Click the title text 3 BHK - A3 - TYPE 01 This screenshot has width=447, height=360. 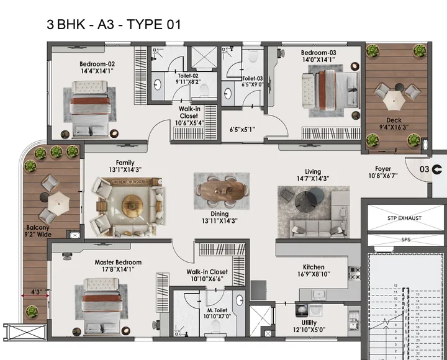pos(114,25)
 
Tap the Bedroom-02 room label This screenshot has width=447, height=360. pos(97,63)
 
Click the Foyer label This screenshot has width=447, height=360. pos(383,169)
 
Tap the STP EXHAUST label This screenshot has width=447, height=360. pos(404,218)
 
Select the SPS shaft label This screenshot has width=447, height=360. pos(405,239)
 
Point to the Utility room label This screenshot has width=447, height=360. pos(309,323)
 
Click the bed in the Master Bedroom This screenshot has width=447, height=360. pos(97,303)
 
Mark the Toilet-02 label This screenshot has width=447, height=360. pos(188,75)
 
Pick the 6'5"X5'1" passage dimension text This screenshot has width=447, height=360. pos(242,130)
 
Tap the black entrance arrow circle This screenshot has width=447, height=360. pos(438,169)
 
